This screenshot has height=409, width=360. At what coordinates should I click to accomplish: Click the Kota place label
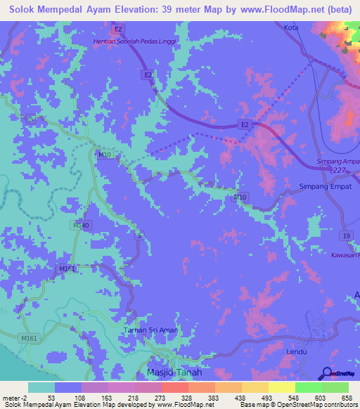[291, 27]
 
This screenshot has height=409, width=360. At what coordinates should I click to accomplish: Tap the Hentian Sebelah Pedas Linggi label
[134, 41]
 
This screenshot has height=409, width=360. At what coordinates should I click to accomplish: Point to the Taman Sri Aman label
[150, 330]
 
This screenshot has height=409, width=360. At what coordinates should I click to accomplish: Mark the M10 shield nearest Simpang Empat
[240, 197]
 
